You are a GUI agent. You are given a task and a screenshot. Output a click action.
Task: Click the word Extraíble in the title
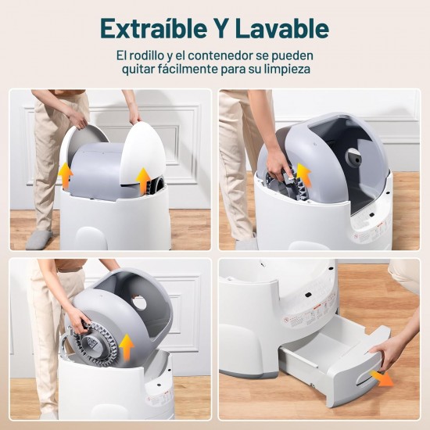point(153,28)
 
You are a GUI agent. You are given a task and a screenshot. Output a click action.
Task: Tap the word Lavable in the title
point(282,28)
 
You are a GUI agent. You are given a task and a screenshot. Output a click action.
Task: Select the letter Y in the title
point(220,28)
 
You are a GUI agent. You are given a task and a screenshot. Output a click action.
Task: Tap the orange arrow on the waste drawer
point(382,378)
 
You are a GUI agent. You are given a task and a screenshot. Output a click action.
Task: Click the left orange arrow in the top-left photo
point(66,174)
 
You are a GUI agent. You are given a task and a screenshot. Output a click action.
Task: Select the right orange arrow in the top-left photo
point(143,181)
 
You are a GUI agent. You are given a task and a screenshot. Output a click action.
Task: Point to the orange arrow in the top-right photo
point(303,174)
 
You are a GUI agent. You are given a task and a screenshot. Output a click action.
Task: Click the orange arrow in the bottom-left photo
point(126,346)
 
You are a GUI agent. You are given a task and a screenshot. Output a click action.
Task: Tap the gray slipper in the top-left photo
point(38,239)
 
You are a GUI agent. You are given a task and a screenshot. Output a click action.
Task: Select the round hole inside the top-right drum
point(353,157)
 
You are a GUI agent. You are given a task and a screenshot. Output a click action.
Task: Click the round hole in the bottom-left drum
point(140,303)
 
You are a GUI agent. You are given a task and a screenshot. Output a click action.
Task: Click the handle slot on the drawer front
point(367,380)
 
